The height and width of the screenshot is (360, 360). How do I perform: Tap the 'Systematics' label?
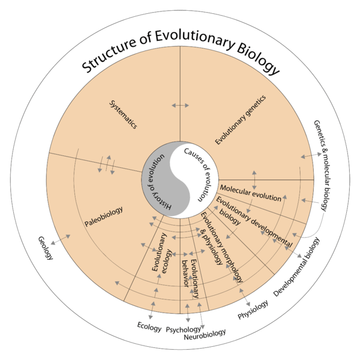coord(124,115)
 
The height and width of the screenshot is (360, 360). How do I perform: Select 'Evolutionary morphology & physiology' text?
coord(220,246)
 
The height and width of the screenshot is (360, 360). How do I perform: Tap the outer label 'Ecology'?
coord(149,328)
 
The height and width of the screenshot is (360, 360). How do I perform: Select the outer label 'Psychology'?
coord(183,329)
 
